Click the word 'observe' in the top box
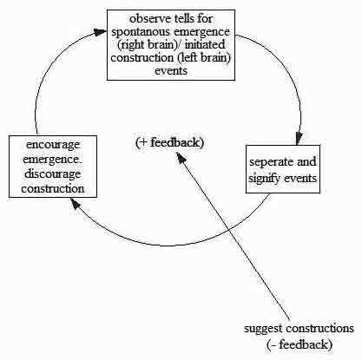pos(150,19)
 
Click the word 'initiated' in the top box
pos(205,44)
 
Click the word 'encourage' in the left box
pos(53,145)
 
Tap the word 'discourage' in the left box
pos(53,174)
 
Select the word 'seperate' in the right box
pos(272,162)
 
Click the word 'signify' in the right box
pos(265,178)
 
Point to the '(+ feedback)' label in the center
pos(169,142)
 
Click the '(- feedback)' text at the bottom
pos(299,344)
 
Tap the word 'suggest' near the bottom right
pos(263,329)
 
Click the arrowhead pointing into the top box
pos(101,32)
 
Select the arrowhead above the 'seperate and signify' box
pos(299,138)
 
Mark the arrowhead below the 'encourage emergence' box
pos(75,203)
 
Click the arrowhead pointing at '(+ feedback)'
pos(181,157)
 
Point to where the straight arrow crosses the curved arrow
pos(228,230)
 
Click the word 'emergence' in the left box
pos(53,160)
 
